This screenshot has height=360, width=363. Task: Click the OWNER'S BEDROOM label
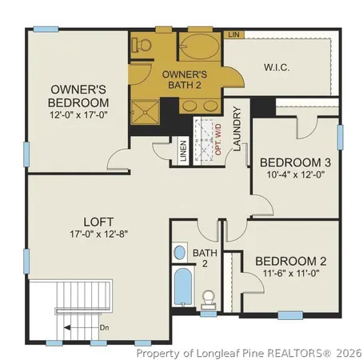(79, 96)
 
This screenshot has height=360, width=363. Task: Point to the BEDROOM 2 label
(290, 262)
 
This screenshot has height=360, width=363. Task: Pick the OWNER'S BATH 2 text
(185, 79)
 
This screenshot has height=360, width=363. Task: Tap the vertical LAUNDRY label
(237, 129)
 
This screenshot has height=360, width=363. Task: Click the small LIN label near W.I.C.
(233, 34)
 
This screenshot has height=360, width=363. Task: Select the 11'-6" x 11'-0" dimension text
(290, 274)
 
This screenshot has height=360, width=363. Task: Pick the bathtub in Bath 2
(183, 288)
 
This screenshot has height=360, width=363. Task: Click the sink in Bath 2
(180, 252)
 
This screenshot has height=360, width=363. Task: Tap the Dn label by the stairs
(104, 327)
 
